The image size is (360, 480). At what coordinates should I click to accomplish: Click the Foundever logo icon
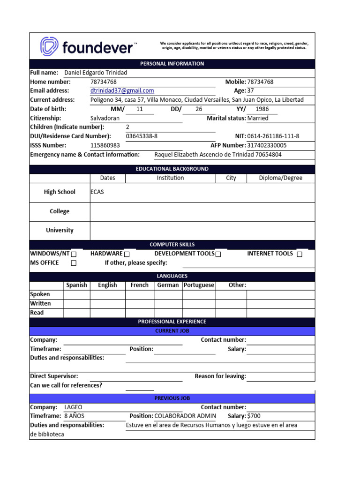[x=49, y=46]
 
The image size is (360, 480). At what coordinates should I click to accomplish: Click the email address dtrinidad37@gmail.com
[x=122, y=90]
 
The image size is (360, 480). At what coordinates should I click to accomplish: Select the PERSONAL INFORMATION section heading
[x=172, y=64]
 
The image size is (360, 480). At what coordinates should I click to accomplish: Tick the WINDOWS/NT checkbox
[x=74, y=254]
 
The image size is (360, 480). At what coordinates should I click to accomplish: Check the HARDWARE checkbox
[x=127, y=254]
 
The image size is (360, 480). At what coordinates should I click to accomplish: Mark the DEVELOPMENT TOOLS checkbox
[x=218, y=254]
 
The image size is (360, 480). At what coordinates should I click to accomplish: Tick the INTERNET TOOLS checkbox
[x=300, y=254]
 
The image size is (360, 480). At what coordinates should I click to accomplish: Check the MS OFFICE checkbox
[x=74, y=263]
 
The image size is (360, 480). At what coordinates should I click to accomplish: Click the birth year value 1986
[x=262, y=109]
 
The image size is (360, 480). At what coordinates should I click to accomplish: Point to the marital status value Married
[x=257, y=118]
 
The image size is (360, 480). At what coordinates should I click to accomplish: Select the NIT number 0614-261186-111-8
[x=273, y=136]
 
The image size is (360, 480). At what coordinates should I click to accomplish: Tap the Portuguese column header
[x=199, y=285]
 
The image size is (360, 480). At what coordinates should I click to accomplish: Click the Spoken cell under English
[x=107, y=294]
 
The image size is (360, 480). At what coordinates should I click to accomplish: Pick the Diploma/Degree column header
[x=280, y=178]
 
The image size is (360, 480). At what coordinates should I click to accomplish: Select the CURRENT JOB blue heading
[x=172, y=331]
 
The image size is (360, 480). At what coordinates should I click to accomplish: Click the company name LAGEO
[x=73, y=407]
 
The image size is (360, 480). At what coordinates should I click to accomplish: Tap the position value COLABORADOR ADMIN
[x=185, y=416]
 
